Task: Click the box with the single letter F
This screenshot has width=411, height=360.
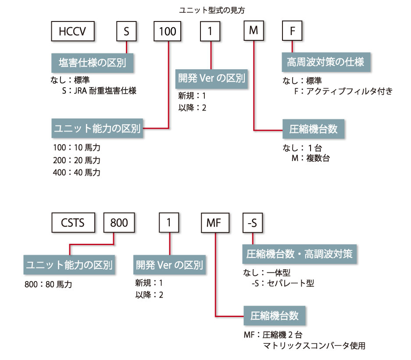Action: (292, 31)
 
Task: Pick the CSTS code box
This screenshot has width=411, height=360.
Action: (73, 222)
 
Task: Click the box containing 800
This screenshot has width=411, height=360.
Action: (118, 222)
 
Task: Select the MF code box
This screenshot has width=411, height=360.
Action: (215, 222)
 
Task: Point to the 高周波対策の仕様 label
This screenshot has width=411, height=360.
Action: (322, 61)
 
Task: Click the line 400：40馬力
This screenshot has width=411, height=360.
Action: (76, 172)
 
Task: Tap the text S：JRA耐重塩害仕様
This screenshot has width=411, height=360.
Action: (100, 91)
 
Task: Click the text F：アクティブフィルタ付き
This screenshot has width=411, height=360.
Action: (343, 91)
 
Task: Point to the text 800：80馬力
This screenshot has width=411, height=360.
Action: (49, 284)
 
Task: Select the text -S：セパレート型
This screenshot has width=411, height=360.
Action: (281, 283)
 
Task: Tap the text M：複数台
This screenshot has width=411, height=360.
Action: (310, 157)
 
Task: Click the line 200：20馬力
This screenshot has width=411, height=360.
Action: (76, 160)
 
